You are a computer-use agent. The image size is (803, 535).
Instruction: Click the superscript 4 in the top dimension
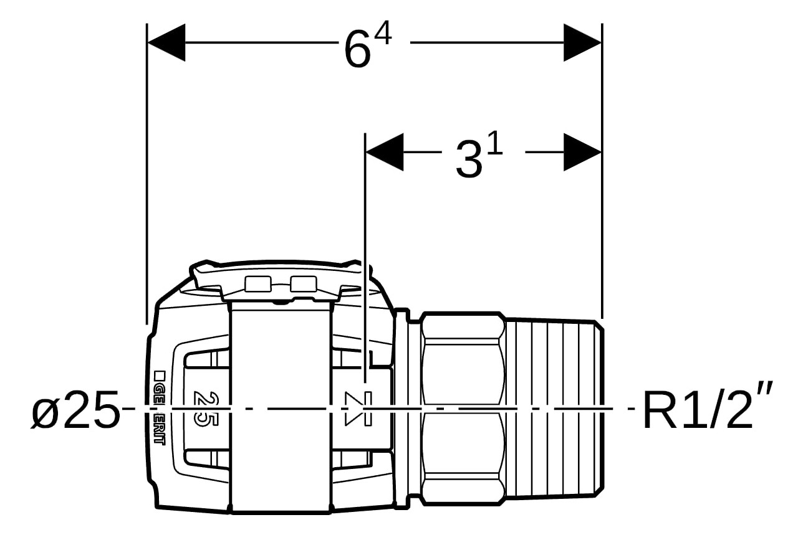(382, 36)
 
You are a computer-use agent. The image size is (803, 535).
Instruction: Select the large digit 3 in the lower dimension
(468, 160)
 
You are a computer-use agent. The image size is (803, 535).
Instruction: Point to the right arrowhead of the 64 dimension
(582, 43)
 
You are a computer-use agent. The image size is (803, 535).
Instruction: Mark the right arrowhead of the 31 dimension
(582, 152)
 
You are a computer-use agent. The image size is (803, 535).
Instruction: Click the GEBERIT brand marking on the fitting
(159, 407)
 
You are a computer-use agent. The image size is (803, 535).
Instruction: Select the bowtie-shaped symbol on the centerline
(358, 409)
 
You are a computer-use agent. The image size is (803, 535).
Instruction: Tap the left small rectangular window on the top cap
(257, 284)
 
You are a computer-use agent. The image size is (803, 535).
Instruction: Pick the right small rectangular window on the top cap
(304, 284)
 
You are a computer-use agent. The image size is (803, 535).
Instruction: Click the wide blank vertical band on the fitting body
(280, 411)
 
